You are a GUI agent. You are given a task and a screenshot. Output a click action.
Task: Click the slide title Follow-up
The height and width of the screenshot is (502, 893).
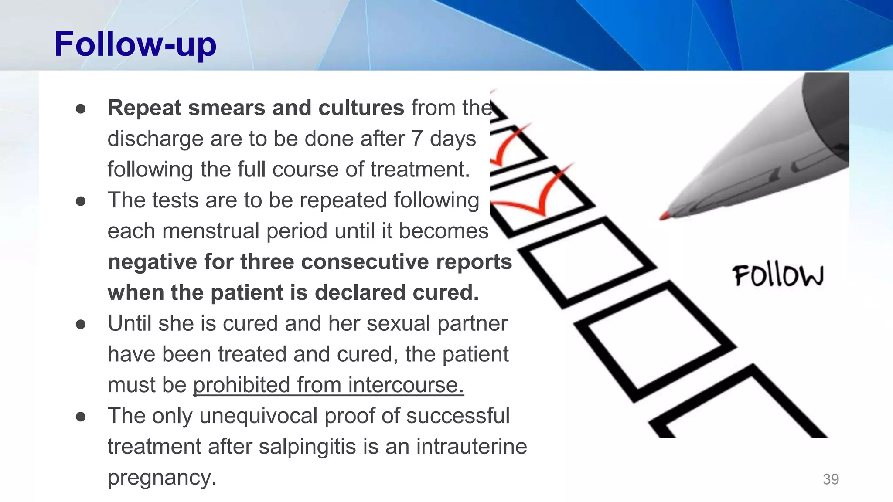click(x=135, y=44)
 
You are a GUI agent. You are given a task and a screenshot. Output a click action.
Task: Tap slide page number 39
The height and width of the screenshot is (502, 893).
click(x=830, y=479)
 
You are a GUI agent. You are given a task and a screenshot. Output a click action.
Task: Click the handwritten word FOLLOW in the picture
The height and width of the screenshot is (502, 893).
click(x=778, y=276)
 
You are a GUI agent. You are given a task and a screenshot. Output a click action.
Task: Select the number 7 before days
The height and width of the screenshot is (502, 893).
click(x=417, y=139)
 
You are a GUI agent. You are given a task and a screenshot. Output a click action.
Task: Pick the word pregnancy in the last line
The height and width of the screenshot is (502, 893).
click(x=162, y=478)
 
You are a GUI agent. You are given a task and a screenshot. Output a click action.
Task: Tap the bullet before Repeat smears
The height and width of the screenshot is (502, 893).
click(x=81, y=109)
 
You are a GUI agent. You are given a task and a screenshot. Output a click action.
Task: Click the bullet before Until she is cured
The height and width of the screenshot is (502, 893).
click(x=81, y=325)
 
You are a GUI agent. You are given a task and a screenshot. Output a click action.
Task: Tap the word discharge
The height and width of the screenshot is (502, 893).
click(x=156, y=139)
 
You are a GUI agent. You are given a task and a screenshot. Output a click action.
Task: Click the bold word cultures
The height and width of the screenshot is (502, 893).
click(x=361, y=108)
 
